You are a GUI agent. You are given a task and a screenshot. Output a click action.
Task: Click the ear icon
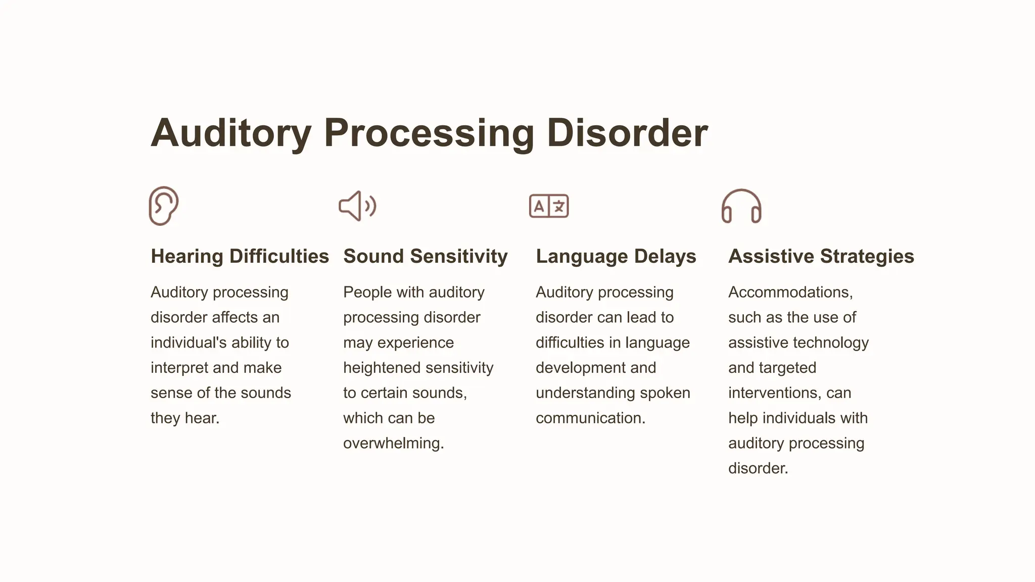click(x=163, y=206)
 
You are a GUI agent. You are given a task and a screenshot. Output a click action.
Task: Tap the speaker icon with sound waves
click(x=357, y=206)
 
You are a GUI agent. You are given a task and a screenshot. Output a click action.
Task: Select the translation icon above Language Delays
click(x=549, y=206)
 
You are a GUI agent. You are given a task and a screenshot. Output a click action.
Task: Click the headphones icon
click(x=741, y=206)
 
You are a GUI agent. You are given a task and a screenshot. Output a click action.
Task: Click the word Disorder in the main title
click(x=627, y=133)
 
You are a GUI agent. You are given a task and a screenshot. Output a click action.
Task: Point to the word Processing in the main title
click(x=429, y=133)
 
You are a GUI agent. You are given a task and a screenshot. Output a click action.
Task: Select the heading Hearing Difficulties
click(x=240, y=256)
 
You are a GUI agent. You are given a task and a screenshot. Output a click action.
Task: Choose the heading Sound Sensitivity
click(x=425, y=256)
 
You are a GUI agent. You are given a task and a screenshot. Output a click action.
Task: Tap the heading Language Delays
click(x=616, y=256)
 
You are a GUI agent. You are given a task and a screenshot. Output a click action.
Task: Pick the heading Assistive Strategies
click(x=821, y=256)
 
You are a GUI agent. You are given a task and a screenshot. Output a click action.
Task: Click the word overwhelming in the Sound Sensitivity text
click(x=393, y=443)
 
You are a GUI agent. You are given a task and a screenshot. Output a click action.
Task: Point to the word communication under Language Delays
click(x=590, y=418)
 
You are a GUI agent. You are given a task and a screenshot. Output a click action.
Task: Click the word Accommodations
click(x=790, y=292)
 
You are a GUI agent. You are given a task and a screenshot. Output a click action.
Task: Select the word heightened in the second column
click(x=381, y=368)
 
